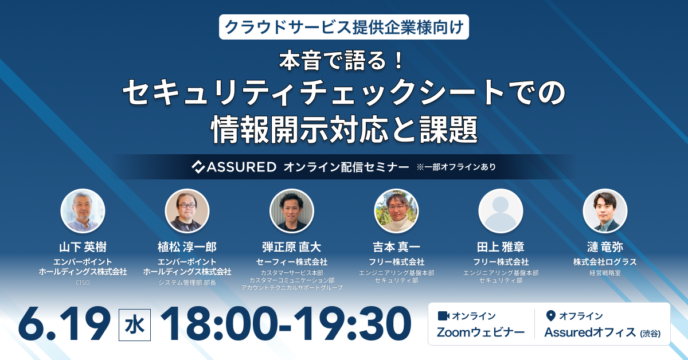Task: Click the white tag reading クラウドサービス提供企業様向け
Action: coord(343,27)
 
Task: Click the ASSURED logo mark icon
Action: coord(199,167)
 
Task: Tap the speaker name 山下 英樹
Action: coord(83,247)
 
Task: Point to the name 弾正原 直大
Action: coord(291,247)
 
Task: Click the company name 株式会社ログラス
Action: coord(605,262)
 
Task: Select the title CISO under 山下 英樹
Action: coord(83,283)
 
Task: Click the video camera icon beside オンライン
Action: coord(443,316)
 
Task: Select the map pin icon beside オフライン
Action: coord(551,316)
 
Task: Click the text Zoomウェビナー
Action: coord(480,332)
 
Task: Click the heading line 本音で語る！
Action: coord(343,61)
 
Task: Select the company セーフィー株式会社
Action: coord(291,262)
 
